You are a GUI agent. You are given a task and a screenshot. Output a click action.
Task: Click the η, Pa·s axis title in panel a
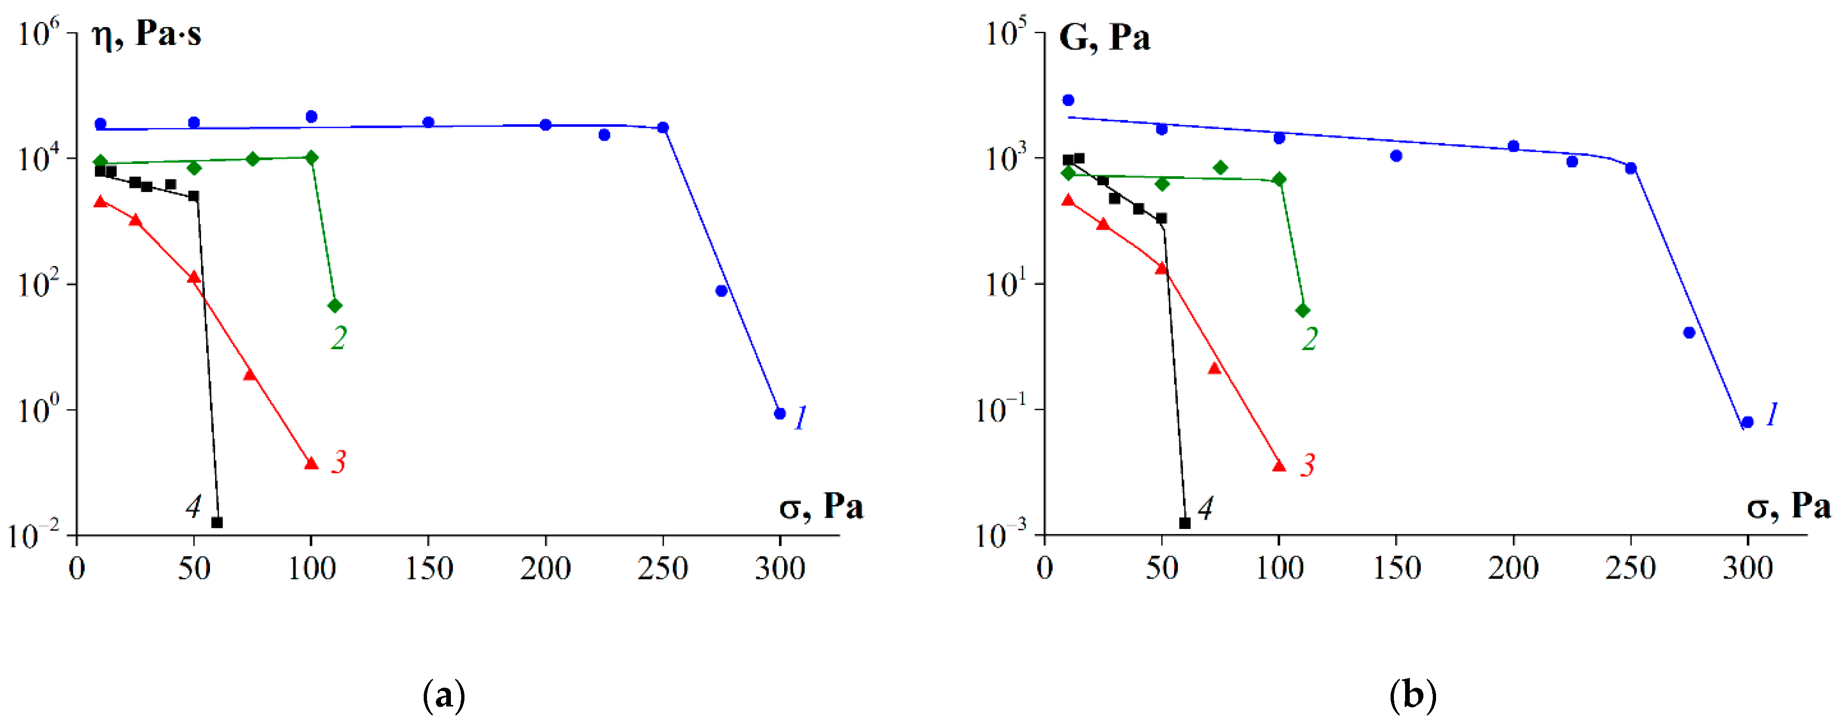[x=147, y=34]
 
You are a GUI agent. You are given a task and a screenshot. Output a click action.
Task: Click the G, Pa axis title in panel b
[x=1104, y=37]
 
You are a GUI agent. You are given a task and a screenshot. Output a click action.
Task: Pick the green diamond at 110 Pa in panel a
[x=335, y=306]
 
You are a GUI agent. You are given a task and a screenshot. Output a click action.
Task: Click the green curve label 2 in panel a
[x=338, y=338]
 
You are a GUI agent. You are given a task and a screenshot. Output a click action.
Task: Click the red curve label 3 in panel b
[x=1307, y=465]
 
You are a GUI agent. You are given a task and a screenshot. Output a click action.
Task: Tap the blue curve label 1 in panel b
[x=1772, y=415]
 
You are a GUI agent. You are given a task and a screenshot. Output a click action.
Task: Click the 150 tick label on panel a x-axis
[x=429, y=569]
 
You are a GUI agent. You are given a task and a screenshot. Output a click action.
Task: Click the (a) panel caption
[x=444, y=694]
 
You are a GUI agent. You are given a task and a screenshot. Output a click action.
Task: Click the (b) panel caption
[x=1413, y=694]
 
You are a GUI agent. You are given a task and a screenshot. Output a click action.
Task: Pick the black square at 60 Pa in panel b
[x=1185, y=523]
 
